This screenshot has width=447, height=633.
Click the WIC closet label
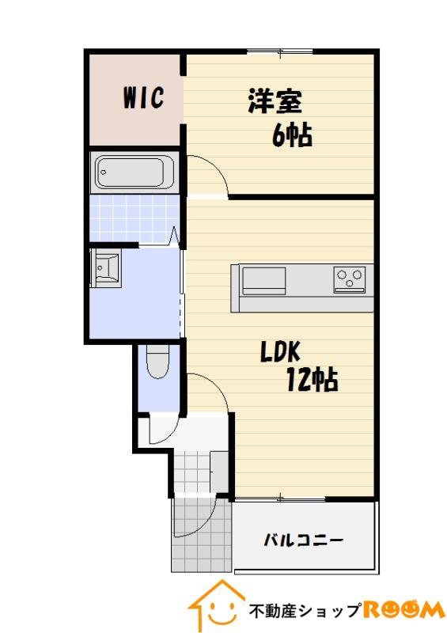[x=144, y=97]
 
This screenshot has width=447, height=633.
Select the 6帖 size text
[x=293, y=135]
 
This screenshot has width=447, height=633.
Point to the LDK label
[x=280, y=351]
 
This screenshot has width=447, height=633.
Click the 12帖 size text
[x=313, y=380]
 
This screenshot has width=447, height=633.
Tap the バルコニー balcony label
[x=304, y=540]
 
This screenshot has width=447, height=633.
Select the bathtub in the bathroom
[x=132, y=172]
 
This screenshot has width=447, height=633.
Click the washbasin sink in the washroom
[x=106, y=267]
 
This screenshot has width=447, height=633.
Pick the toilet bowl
[x=157, y=362]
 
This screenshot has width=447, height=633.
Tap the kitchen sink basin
[x=263, y=281]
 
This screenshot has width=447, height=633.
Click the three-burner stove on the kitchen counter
[x=350, y=279]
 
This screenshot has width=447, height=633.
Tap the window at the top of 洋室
[x=280, y=51]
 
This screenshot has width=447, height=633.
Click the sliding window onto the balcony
[x=280, y=499]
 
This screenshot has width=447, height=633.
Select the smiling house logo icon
[x=218, y=605]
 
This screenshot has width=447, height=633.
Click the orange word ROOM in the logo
[x=403, y=609]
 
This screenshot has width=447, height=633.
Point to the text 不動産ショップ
[x=305, y=611]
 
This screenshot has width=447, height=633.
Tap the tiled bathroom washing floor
[x=134, y=218]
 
